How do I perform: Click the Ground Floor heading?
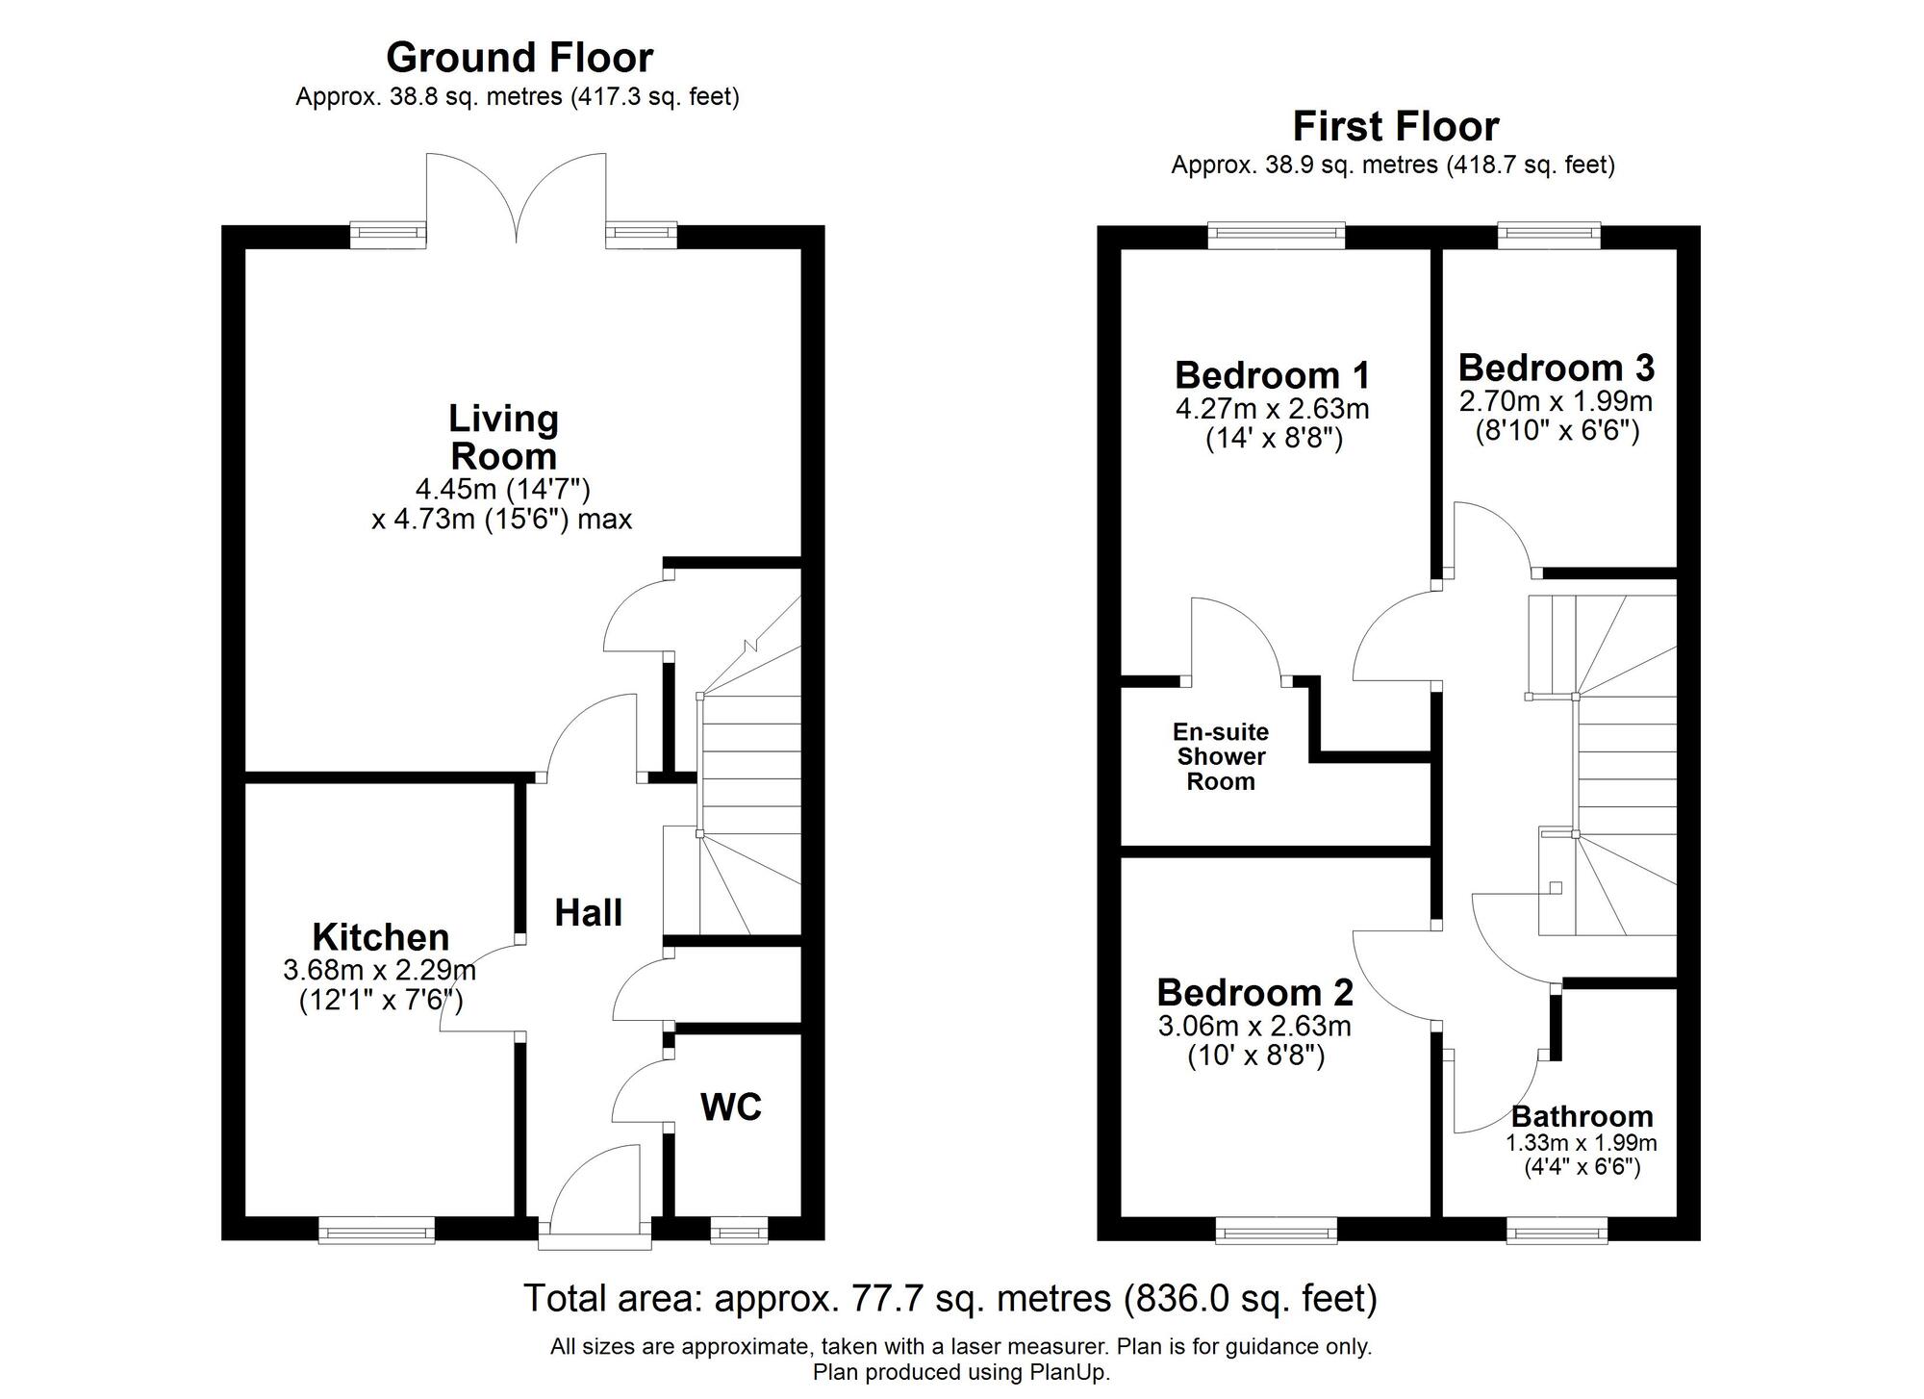[x=519, y=58]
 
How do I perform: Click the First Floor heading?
[x=1395, y=126]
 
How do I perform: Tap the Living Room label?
[x=503, y=437]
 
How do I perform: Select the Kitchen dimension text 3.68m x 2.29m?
[x=379, y=970]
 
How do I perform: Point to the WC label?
[x=731, y=1107]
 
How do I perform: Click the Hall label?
[x=588, y=913]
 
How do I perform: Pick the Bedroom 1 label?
[x=1272, y=374]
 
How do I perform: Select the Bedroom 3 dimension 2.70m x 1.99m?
[x=1556, y=401]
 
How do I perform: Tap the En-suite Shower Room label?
[x=1220, y=757]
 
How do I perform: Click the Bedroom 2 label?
[x=1254, y=992]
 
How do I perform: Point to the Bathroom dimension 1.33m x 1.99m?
[x=1581, y=1143]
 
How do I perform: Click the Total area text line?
[x=949, y=1299]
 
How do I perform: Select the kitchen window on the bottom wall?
[x=376, y=1230]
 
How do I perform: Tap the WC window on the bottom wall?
[x=739, y=1230]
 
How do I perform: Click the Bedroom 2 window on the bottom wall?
[x=1276, y=1230]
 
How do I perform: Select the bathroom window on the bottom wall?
[x=1556, y=1230]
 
